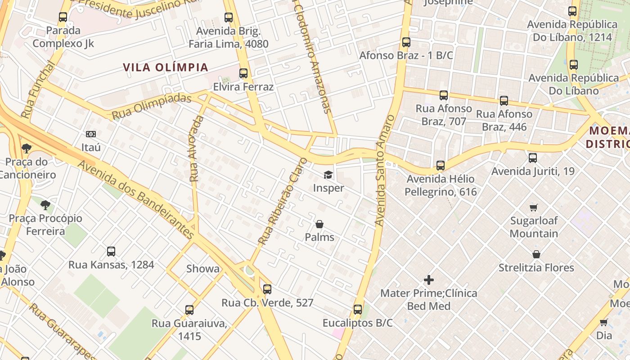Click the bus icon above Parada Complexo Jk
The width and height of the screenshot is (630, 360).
(x=63, y=18)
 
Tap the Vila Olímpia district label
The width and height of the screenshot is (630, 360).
(x=166, y=67)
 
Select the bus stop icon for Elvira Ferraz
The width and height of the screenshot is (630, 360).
(x=243, y=73)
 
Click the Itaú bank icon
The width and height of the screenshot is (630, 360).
(x=91, y=134)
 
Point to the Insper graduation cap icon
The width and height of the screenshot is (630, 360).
(x=328, y=175)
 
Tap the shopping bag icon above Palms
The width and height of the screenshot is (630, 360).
(x=319, y=224)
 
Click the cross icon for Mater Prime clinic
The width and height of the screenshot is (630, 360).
(x=429, y=280)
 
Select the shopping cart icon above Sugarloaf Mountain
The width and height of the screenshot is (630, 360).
(x=534, y=207)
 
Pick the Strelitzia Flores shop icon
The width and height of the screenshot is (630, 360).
(x=536, y=254)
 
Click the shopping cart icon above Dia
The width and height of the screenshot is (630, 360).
(x=604, y=322)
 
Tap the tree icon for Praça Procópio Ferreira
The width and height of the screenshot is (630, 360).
(x=45, y=205)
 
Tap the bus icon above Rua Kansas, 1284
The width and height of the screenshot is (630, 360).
(x=111, y=252)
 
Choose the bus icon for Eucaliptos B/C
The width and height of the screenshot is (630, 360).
(x=358, y=310)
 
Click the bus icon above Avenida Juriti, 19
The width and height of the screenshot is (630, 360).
(x=533, y=158)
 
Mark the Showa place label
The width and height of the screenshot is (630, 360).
(x=203, y=269)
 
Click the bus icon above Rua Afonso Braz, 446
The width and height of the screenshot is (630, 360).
(x=504, y=101)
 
